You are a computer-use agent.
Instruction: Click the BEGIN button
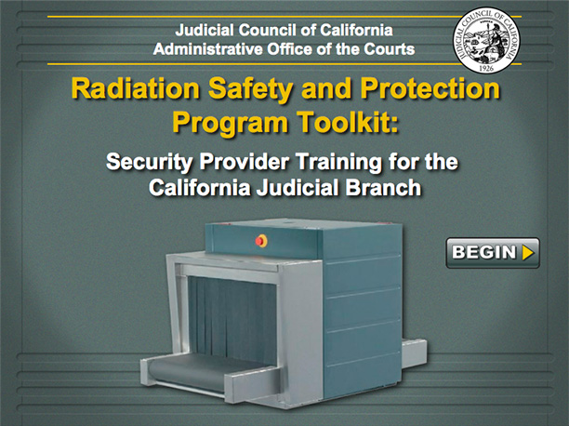(x=493, y=253)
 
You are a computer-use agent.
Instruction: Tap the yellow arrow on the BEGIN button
(x=528, y=253)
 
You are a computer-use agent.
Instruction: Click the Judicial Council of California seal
(x=486, y=41)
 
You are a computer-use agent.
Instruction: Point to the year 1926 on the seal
(x=486, y=68)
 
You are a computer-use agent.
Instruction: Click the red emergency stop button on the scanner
(x=261, y=240)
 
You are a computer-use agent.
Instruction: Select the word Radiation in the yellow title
(x=136, y=88)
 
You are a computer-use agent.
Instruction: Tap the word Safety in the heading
(x=250, y=89)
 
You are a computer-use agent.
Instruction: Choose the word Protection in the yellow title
(x=430, y=88)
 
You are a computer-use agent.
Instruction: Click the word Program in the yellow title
(x=230, y=124)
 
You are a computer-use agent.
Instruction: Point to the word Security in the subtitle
(x=149, y=162)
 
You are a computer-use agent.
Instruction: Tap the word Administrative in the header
(x=207, y=49)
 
